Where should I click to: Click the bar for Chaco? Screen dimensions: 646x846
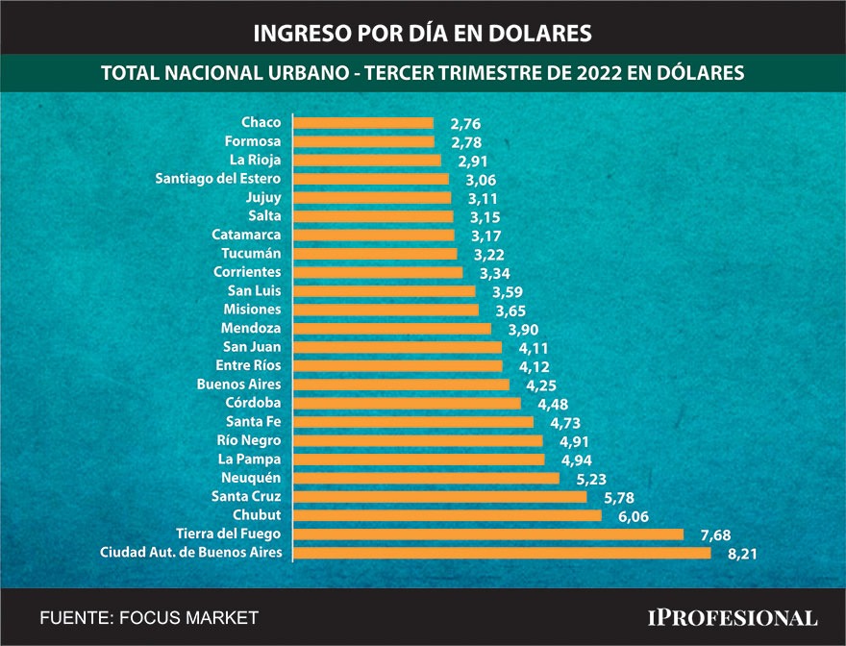click(362, 123)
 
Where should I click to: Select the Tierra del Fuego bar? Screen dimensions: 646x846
click(487, 534)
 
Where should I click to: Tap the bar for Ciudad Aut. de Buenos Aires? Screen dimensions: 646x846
click(501, 553)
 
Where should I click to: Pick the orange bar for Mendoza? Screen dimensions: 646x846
click(391, 329)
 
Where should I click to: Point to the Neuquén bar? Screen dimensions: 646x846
click(425, 478)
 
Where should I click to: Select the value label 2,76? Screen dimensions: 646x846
click(465, 124)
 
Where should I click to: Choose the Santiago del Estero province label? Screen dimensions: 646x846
click(218, 179)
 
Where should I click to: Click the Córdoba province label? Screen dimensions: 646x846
click(253, 403)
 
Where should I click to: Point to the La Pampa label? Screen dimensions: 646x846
click(250, 460)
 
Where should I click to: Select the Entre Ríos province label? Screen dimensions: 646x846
click(248, 365)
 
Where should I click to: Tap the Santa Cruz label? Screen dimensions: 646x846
click(246, 496)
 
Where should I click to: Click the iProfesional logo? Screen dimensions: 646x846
click(731, 617)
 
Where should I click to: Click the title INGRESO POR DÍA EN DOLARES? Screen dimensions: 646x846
click(422, 33)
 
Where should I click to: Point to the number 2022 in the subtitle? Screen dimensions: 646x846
click(606, 73)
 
